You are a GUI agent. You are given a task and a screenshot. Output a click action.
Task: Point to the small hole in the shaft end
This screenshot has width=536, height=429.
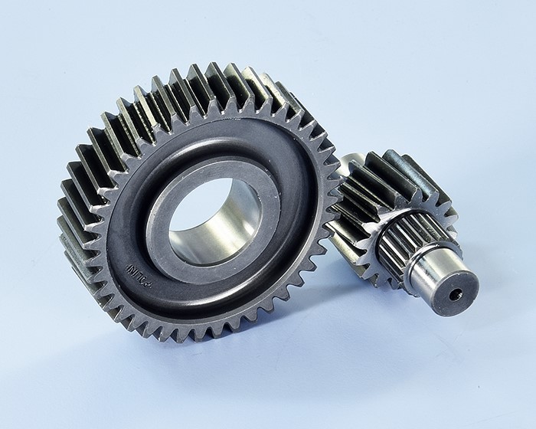pyautogui.click(x=457, y=294)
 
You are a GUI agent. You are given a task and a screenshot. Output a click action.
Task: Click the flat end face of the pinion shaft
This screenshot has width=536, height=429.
pyautogui.click(x=456, y=294)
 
